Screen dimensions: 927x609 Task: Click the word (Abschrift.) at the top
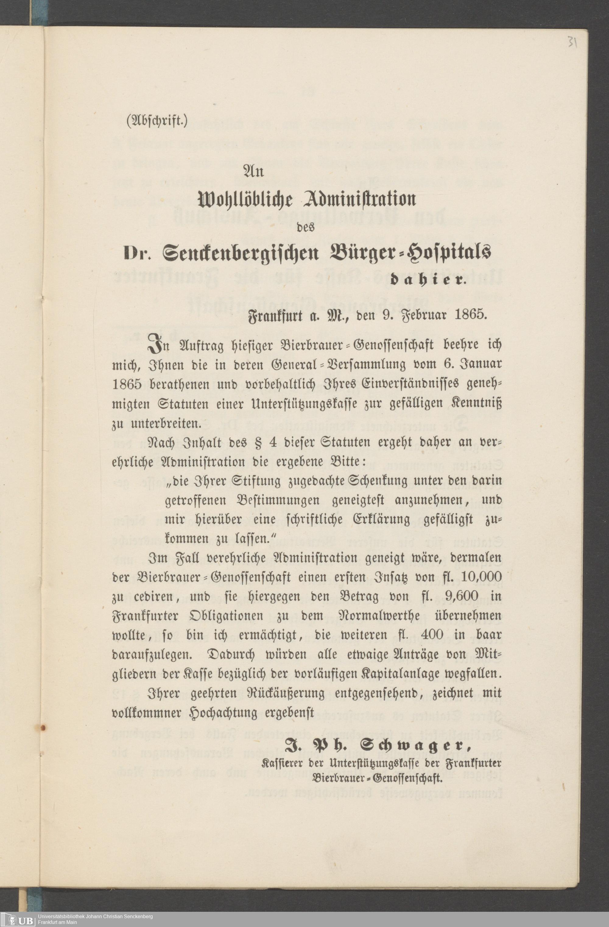coord(157,121)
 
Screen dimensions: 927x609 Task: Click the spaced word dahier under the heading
coord(428,280)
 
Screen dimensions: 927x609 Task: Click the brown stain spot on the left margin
coord(43,728)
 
